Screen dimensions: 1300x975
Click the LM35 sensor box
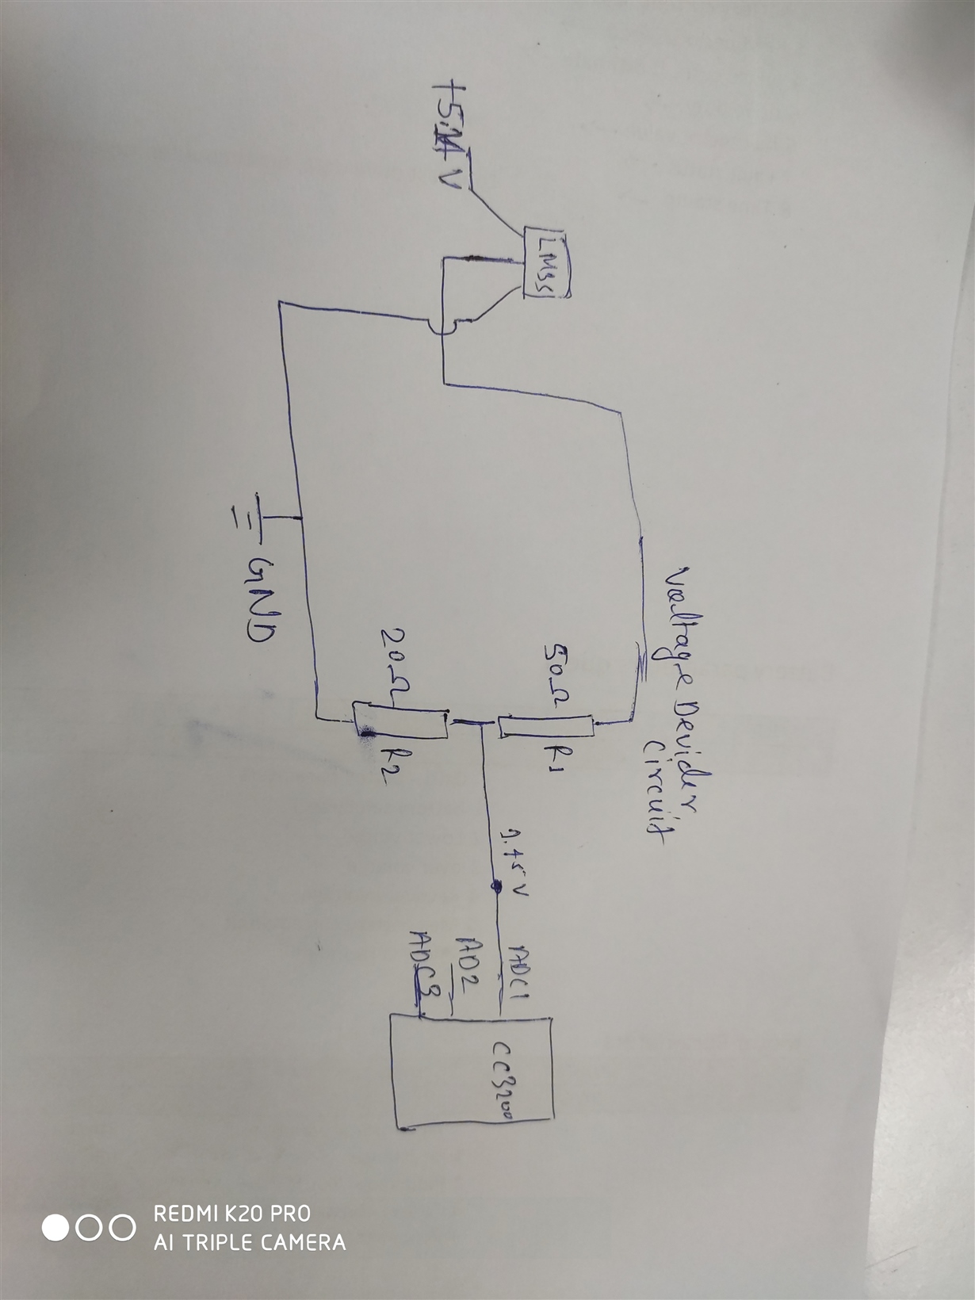(545, 264)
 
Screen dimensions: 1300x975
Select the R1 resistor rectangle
(545, 726)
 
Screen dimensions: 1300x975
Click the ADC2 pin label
(468, 968)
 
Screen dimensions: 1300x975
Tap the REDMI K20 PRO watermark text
(231, 1214)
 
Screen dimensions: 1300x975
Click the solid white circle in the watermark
(55, 1228)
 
